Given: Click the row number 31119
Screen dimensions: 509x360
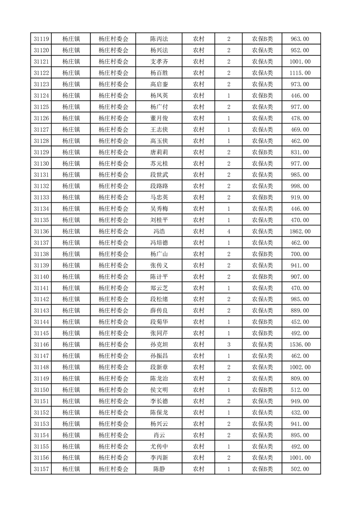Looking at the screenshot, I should click(41, 39).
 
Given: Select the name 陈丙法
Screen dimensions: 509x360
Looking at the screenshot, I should click(159, 39).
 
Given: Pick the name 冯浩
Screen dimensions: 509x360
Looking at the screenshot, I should click(159, 231).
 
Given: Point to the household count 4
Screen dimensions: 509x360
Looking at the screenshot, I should click(228, 231).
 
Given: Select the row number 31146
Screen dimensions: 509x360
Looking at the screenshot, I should click(41, 345).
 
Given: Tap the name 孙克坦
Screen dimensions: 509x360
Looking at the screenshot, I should click(159, 345).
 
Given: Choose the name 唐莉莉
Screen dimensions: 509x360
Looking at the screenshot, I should click(159, 152).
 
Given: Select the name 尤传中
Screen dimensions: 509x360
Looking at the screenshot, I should click(159, 446).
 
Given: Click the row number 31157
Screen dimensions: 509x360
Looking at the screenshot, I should click(41, 469).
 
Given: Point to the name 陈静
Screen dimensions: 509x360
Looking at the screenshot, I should click(159, 469).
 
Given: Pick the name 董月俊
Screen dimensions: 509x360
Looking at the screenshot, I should click(159, 118).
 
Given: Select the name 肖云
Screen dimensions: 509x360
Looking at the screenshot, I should click(159, 435).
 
